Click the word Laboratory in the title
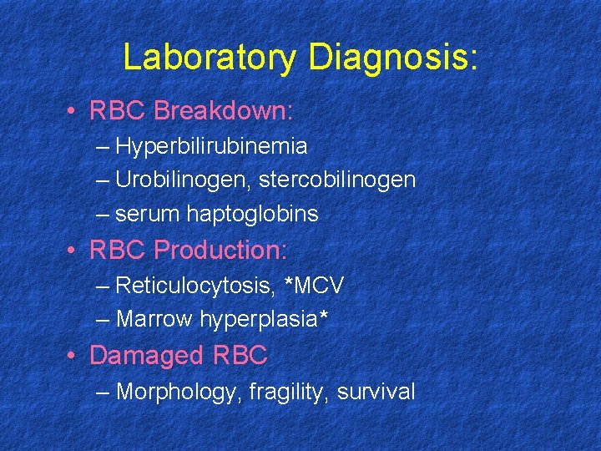[x=210, y=58]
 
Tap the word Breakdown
[x=223, y=111]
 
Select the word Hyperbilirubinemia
[x=212, y=147]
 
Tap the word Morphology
[x=177, y=392]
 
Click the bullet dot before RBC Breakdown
[x=74, y=112]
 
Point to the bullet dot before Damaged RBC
[x=74, y=357]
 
